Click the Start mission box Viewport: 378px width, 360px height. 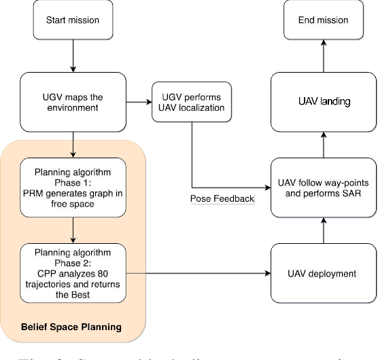click(x=72, y=20)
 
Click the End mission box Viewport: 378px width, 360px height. click(x=324, y=20)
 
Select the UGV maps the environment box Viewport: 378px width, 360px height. click(x=72, y=103)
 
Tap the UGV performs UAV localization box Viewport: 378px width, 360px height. click(x=192, y=103)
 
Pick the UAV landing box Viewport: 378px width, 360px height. click(x=324, y=102)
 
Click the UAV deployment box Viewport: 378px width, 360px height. click(x=324, y=274)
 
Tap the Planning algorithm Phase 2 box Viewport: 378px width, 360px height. click(x=72, y=274)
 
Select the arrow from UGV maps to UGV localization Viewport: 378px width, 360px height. click(x=139, y=103)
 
